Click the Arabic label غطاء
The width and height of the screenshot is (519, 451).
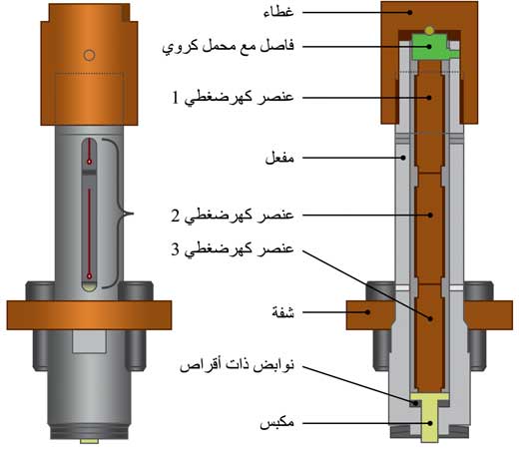click(278, 12)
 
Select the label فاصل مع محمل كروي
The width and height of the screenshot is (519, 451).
click(229, 46)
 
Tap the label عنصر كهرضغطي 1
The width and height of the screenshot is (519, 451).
click(233, 98)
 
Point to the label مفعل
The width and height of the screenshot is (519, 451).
click(279, 158)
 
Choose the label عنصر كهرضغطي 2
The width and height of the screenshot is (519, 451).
click(233, 216)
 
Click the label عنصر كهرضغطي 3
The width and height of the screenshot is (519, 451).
click(233, 249)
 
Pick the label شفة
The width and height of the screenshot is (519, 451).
click(283, 312)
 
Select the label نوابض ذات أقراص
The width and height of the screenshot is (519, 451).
click(237, 365)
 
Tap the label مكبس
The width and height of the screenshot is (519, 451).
click(276, 423)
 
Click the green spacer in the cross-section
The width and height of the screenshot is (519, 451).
click(431, 47)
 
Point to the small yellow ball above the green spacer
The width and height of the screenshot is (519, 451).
click(429, 30)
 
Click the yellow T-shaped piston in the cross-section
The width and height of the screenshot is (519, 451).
click(430, 417)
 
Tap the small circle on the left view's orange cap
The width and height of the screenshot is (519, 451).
click(89, 55)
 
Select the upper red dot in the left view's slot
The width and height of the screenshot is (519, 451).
click(89, 162)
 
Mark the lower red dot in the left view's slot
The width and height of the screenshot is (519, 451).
click(89, 276)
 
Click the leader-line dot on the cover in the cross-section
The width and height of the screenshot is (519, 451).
click(410, 13)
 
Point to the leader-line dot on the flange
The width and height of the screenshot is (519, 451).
click(367, 312)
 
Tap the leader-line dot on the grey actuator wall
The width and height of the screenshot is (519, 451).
click(403, 158)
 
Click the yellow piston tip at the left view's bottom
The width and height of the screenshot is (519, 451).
click(89, 441)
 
